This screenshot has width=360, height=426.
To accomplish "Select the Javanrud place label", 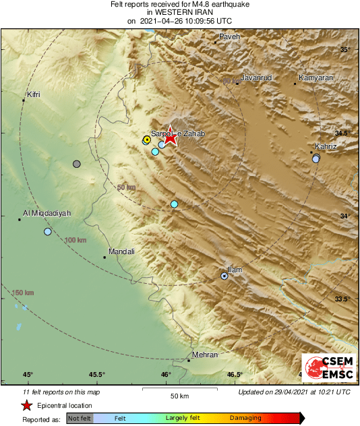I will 256,78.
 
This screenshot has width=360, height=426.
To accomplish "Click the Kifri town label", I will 33,94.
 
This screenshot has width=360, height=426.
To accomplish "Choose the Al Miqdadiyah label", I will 47,213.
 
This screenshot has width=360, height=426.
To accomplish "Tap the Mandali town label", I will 121,251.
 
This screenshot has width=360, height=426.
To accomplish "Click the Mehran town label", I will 205,355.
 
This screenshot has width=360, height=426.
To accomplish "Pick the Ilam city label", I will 235,270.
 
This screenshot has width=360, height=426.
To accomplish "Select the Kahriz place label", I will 326,146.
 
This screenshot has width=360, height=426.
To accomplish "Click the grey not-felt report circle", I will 77,164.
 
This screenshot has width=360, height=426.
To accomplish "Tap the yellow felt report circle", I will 147,140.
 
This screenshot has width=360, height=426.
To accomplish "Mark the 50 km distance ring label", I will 126,187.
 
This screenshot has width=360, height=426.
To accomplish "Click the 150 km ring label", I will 23,293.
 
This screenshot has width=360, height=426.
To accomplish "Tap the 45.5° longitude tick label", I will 96,375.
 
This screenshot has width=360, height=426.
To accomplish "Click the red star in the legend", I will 26,406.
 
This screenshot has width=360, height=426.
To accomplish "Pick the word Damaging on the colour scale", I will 245,419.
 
